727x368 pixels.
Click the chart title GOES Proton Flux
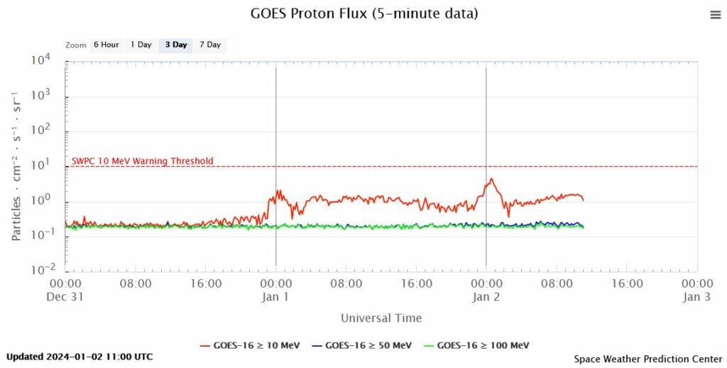(364, 13)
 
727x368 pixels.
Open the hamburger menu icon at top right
(715, 15)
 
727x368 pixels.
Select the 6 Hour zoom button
(106, 45)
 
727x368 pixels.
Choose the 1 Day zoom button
(141, 45)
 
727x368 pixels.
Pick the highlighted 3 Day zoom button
(175, 45)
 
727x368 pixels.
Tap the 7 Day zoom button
(210, 45)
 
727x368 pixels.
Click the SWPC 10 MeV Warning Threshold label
(142, 161)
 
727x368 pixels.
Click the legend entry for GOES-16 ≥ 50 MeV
(361, 345)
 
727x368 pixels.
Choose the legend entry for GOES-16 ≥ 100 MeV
(474, 345)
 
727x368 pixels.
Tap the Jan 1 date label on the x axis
(275, 297)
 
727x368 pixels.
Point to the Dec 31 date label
(66, 297)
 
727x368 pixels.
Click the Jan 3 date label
(696, 297)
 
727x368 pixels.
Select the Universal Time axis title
(381, 318)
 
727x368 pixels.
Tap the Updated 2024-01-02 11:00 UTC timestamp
(80, 357)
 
